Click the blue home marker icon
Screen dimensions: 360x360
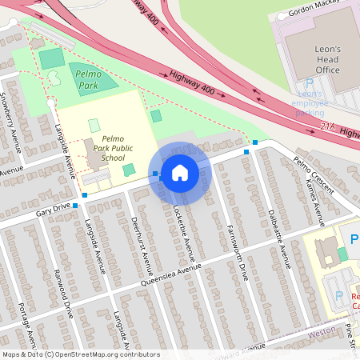180,172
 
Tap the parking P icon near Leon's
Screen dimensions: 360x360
309,84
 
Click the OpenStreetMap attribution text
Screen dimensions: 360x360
80,354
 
